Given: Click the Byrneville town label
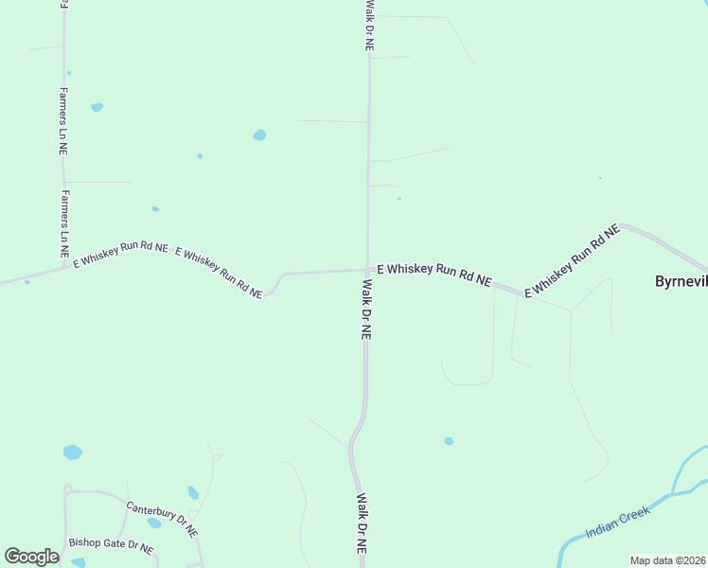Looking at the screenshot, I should point(681,281).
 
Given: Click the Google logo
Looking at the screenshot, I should point(31,557).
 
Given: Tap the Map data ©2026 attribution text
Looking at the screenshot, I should point(668,560).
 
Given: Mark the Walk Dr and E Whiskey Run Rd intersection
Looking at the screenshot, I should point(367,271).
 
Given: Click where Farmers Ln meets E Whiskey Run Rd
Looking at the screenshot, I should point(64,265).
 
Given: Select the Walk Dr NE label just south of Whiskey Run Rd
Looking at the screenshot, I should point(366,309).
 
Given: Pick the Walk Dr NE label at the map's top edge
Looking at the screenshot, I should point(369,25).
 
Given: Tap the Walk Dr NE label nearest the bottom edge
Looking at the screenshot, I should point(361,523).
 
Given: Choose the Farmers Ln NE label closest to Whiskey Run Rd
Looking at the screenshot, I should point(65,224).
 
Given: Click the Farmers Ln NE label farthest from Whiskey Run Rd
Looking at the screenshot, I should point(62,121).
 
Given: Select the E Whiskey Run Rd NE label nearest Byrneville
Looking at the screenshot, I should point(572,260).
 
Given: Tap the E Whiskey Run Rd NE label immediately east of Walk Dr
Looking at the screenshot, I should point(434,275).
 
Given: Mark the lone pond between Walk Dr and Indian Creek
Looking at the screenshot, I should point(449,441).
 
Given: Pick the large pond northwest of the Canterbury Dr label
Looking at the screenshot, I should point(72,453).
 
